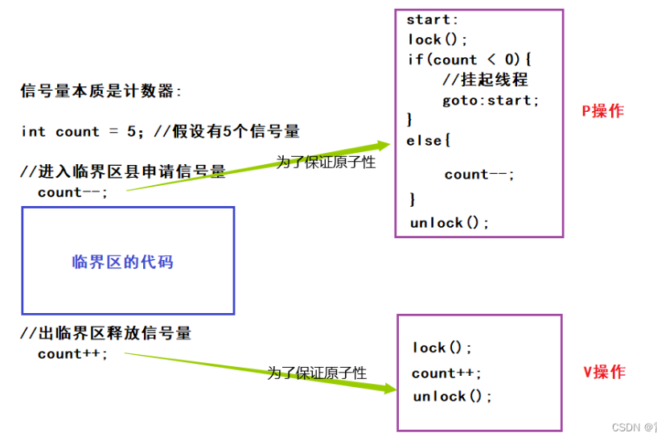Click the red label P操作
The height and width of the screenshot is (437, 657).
click(602, 111)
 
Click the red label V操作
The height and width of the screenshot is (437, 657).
click(603, 372)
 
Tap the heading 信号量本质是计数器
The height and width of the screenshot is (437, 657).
click(101, 91)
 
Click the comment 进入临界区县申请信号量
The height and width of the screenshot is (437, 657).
click(122, 171)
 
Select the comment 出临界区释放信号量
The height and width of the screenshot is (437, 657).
click(106, 332)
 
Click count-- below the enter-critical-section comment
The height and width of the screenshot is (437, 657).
click(72, 192)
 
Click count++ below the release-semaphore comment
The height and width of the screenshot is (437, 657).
click(72, 353)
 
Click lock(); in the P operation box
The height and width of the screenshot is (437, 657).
click(437, 39)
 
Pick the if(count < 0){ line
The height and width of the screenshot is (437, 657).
click(470, 60)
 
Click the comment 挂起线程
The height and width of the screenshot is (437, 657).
click(485, 80)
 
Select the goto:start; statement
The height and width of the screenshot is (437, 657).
click(491, 101)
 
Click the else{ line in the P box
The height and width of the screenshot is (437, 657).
click(429, 141)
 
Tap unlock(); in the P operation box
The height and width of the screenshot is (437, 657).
click(449, 223)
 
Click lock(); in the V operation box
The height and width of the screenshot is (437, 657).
click(442, 348)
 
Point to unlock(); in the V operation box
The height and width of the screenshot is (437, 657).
click(452, 396)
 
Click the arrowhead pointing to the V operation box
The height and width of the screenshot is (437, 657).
click(389, 388)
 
